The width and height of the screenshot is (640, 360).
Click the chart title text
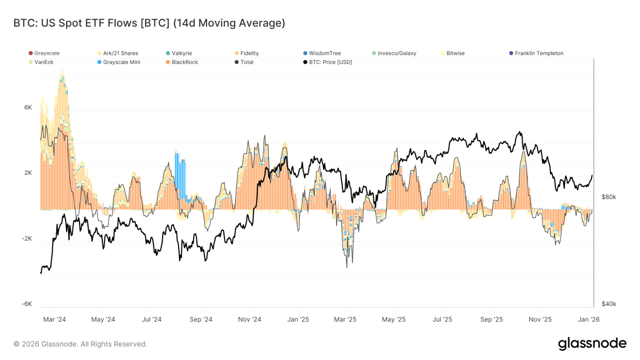149,23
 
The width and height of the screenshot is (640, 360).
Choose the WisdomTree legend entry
324,53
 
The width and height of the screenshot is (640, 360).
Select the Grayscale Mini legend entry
121,62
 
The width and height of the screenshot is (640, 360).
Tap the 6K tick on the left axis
28,107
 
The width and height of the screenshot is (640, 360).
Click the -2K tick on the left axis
27,238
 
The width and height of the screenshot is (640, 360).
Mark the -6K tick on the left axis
27,304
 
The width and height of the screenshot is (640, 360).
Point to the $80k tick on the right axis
609,197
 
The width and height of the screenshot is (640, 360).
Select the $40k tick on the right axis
609,304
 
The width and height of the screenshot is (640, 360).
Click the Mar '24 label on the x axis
54,319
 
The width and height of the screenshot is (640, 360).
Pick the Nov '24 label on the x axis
250,319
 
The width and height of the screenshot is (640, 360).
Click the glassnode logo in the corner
592,343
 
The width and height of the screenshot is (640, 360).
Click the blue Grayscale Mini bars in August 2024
180,176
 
